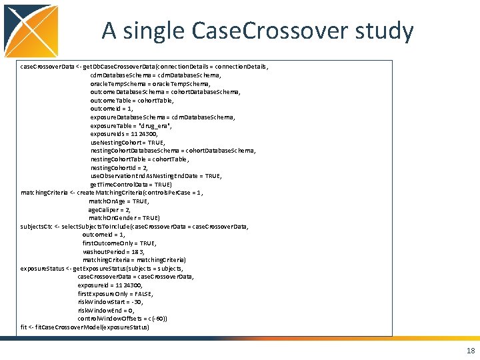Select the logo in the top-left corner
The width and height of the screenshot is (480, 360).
(x=30, y=30)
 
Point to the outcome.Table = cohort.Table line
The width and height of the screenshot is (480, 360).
(x=132, y=101)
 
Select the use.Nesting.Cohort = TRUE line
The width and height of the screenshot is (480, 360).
(x=127, y=142)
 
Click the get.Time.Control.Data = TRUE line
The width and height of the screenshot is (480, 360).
(x=131, y=184)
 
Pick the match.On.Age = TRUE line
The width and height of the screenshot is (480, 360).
(x=119, y=201)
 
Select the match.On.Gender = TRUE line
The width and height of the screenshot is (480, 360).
(x=124, y=217)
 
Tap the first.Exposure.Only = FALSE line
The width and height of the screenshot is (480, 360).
(x=115, y=293)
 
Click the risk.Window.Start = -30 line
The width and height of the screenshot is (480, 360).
(x=110, y=301)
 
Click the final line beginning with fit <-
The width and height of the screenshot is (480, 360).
(x=85, y=327)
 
